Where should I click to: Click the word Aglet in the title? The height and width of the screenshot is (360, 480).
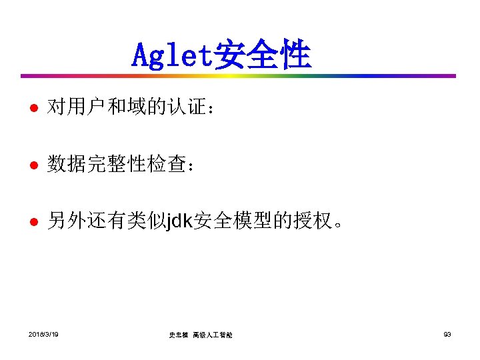click(171, 55)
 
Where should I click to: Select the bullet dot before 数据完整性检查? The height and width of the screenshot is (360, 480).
click(33, 164)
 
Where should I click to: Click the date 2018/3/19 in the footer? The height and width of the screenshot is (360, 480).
click(43, 333)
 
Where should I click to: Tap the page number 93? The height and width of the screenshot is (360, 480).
click(447, 333)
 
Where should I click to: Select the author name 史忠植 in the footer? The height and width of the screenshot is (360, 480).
click(178, 334)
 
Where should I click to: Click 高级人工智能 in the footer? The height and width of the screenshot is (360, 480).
click(213, 334)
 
